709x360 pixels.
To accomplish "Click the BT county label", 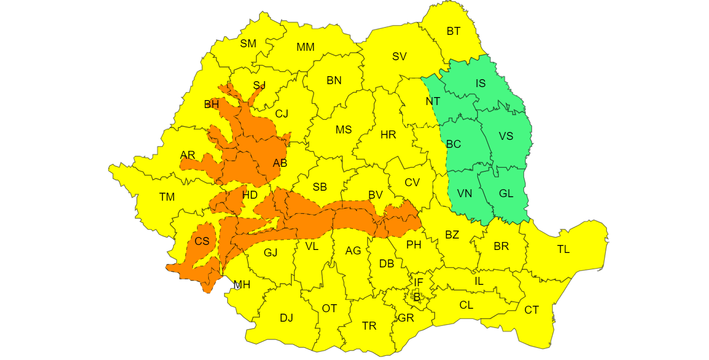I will (453, 31).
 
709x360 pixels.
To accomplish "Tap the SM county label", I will (248, 44).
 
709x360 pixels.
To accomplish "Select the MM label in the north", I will (305, 47).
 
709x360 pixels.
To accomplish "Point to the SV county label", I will (399, 57).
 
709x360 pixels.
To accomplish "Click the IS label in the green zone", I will (480, 84).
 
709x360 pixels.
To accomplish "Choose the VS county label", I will (506, 136).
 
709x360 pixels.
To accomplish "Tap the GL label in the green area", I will (506, 194).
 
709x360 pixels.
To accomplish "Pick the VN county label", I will (465, 194).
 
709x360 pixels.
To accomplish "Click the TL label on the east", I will (563, 249).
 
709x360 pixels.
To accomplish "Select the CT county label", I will (531, 310).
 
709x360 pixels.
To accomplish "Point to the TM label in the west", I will (167, 197).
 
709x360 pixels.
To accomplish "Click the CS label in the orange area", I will (202, 242).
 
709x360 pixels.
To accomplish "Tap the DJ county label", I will (286, 318).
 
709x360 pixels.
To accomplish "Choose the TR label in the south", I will (369, 326).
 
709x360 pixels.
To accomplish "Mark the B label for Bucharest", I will (417, 298).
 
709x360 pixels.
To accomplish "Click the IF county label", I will (418, 283).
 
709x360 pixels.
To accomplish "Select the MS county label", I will (343, 130).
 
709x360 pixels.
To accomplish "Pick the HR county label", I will (388, 135).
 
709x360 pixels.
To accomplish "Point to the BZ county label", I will (452, 235).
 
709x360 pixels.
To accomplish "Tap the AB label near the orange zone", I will (280, 163).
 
